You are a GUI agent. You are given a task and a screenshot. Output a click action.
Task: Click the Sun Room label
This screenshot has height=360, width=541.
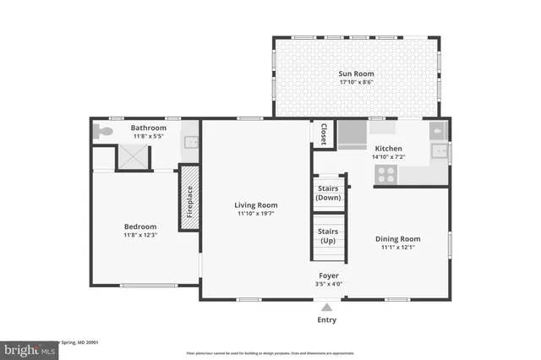(x=356, y=74)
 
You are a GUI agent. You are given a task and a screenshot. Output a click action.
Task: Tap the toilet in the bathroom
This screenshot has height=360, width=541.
(x=104, y=132)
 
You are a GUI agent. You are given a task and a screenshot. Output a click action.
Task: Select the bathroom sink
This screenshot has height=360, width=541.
(x=191, y=142)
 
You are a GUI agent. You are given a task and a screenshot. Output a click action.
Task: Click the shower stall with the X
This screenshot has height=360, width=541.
(x=132, y=157)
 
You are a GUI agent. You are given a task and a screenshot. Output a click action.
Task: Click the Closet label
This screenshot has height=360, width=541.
(x=323, y=134)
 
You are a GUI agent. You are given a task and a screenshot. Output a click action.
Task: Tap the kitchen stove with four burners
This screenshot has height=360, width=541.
(x=386, y=174)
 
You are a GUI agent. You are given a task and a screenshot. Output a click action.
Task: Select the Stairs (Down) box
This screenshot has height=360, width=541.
(x=327, y=192)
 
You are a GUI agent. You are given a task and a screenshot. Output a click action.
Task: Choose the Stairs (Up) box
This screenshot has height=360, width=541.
(x=327, y=235)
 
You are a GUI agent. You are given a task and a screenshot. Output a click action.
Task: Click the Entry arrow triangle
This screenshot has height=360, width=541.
(x=326, y=307)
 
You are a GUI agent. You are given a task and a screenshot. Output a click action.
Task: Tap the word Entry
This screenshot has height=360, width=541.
(x=326, y=319)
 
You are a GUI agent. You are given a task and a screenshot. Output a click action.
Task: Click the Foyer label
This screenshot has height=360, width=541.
(x=329, y=275)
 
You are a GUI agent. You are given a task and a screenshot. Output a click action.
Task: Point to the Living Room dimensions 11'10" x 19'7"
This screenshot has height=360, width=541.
(x=256, y=214)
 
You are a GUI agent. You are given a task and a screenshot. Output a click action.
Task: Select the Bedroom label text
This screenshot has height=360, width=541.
(x=140, y=226)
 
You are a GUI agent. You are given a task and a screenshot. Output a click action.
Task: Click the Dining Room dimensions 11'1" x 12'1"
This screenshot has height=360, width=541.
(x=396, y=248)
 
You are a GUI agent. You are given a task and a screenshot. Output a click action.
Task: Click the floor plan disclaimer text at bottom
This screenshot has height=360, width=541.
(x=270, y=352)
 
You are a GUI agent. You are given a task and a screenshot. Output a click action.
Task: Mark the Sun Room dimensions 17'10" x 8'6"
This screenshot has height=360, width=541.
(x=356, y=83)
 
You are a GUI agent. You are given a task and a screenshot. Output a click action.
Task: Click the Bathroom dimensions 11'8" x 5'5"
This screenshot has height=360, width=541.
(x=149, y=136)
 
